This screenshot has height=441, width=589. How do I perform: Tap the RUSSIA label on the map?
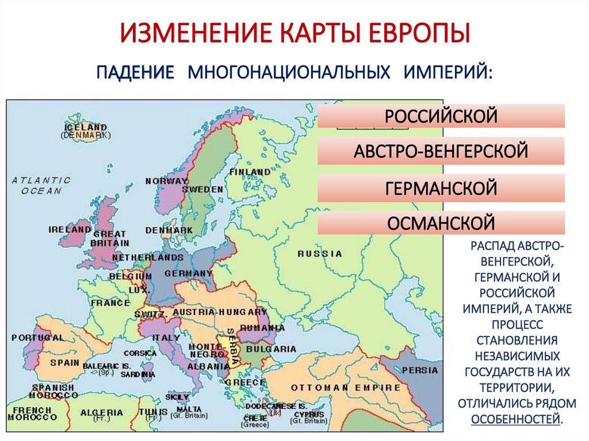pyautogui.click(x=320, y=254)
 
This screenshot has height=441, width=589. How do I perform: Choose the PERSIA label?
pyautogui.click(x=419, y=370)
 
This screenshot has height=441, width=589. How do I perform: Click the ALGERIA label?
pyautogui.click(x=102, y=412)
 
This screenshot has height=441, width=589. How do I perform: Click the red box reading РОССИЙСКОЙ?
pyautogui.click(x=441, y=116)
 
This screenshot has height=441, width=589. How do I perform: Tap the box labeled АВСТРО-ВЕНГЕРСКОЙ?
pyautogui.click(x=441, y=151)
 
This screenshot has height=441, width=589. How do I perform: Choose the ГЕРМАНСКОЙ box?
pyautogui.click(x=441, y=187)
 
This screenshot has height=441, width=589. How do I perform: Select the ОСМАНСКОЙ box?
pyautogui.click(x=441, y=222)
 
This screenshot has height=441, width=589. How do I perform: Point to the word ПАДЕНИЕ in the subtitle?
pyautogui.click(x=135, y=72)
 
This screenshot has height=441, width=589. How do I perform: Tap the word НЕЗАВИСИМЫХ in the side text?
pyautogui.click(x=517, y=357)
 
